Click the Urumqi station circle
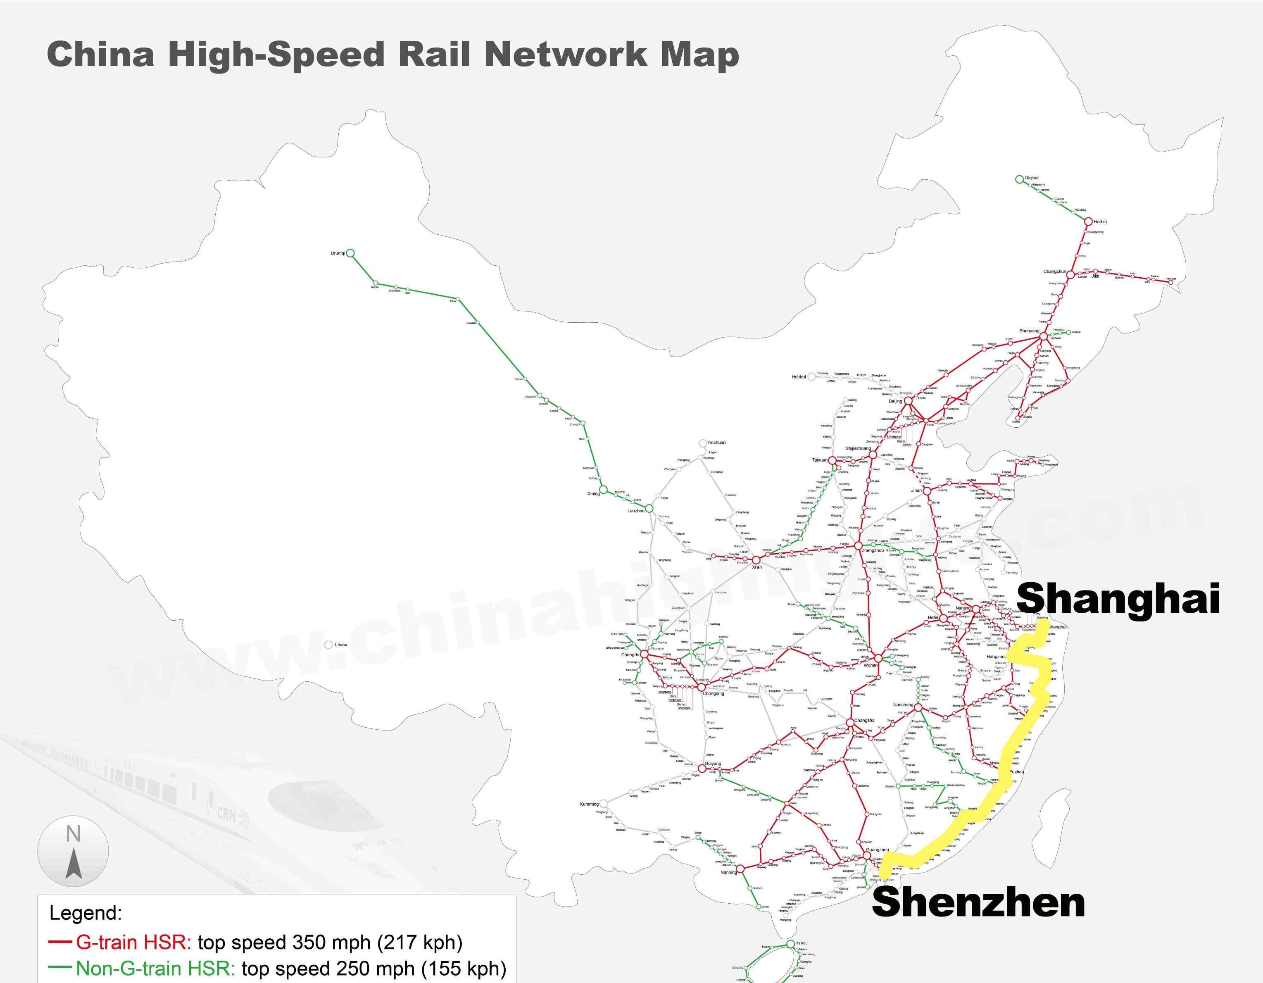[x=350, y=253]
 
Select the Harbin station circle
[x=1088, y=221]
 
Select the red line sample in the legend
[x=60, y=943]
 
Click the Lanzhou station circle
[x=649, y=508]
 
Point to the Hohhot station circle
[x=811, y=376]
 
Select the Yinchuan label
[x=716, y=443]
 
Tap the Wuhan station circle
[x=878, y=658]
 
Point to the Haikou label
[x=802, y=943]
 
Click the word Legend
[x=86, y=913]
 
